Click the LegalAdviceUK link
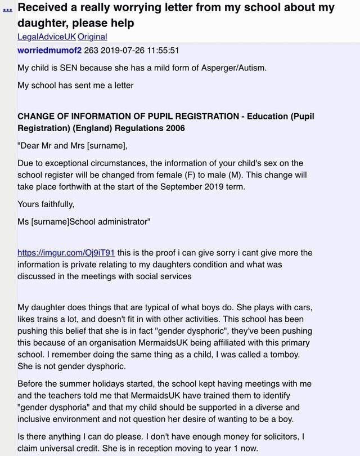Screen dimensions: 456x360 click(x=47, y=37)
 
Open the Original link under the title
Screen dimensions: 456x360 click(x=92, y=37)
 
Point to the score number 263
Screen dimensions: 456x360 click(x=92, y=50)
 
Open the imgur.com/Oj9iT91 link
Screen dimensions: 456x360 click(x=66, y=253)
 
